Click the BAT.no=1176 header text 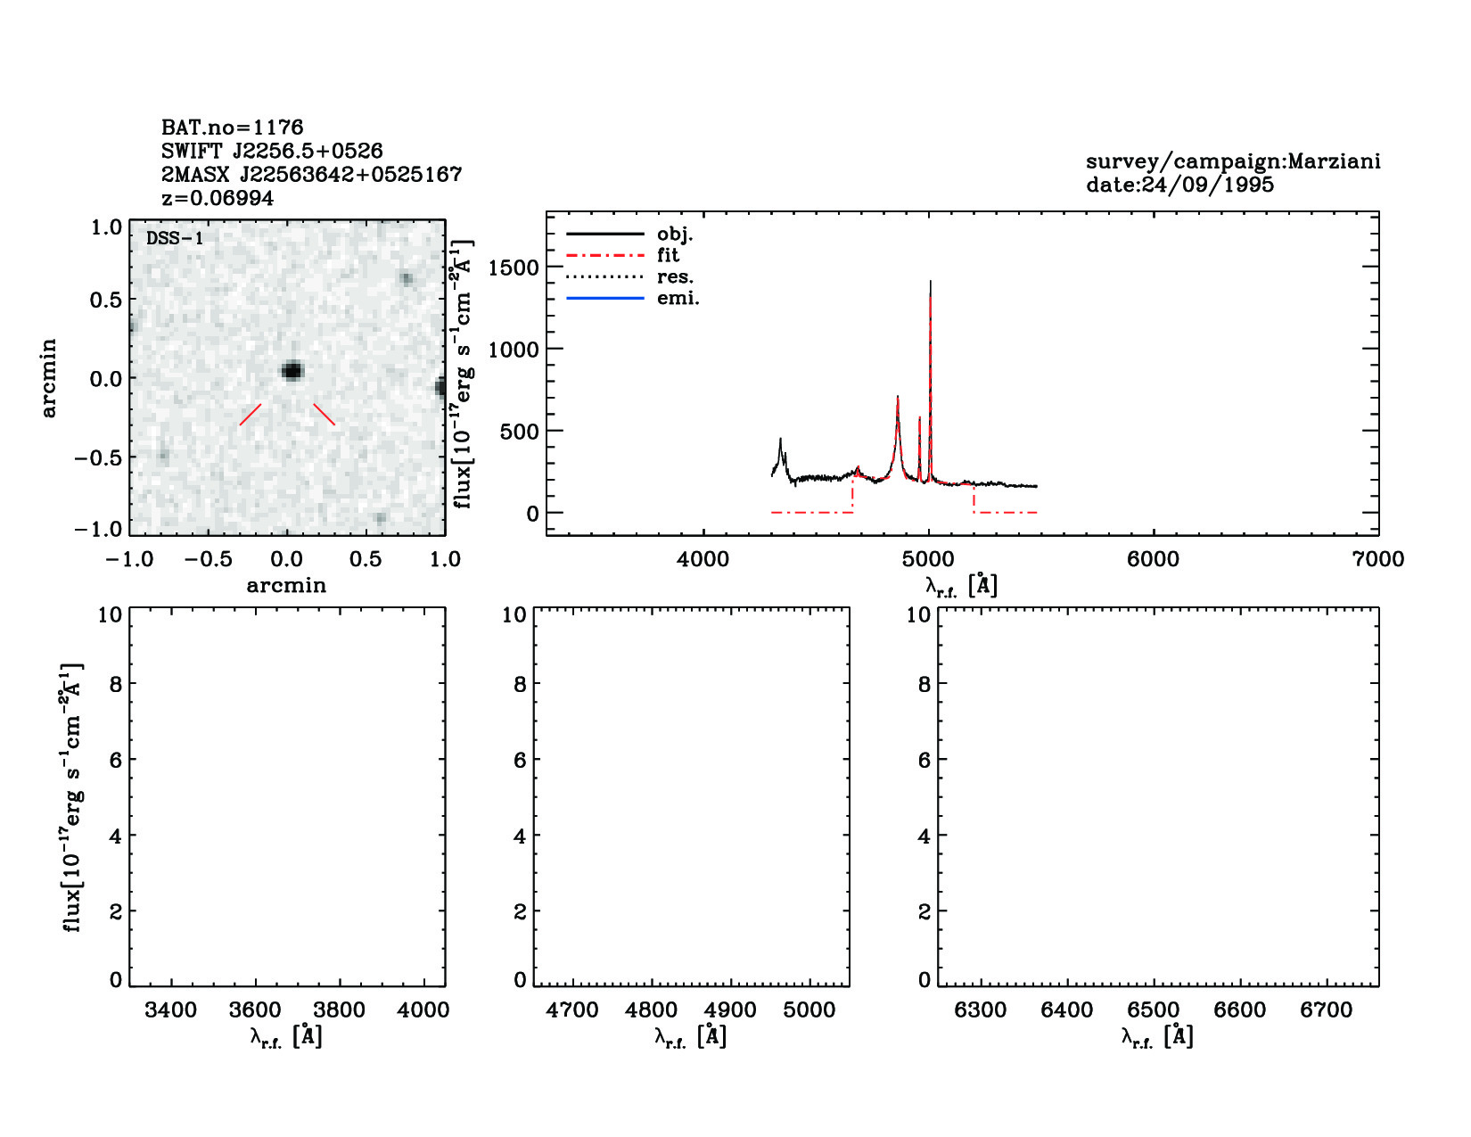point(232,128)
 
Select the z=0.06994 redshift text point(218,198)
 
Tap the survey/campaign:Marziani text point(1232,161)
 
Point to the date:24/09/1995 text point(1179,185)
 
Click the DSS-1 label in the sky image point(175,238)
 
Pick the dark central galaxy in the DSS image point(292,371)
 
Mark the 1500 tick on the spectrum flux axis point(514,268)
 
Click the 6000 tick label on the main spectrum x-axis point(1153,559)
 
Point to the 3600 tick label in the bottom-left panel point(255,1010)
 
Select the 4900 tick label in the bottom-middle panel point(730,1010)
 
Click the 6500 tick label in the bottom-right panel point(1153,1010)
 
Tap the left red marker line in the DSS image point(251,415)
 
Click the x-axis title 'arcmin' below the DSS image point(286,586)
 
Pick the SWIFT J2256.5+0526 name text point(272,151)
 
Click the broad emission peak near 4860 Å point(897,400)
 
